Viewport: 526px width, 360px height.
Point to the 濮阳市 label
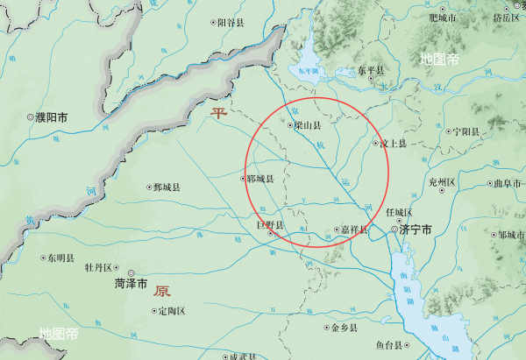52,116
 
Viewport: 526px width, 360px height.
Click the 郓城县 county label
260,180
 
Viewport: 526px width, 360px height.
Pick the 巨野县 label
270,226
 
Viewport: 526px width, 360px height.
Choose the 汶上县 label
393,143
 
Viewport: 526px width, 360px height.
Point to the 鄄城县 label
166,187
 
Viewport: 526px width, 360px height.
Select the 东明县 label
63,258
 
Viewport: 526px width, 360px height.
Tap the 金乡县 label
345,328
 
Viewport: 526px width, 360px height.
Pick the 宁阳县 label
466,131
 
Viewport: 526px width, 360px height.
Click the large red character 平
217,113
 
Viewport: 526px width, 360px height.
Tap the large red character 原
161,291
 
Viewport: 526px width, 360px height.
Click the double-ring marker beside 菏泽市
131,272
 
